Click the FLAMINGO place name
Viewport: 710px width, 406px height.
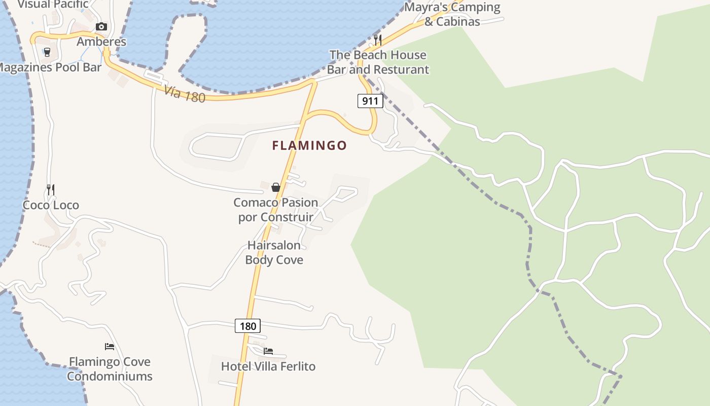click(309, 146)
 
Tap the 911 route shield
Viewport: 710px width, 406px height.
click(370, 101)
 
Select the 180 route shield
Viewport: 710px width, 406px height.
click(247, 326)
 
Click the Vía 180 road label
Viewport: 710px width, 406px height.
click(185, 94)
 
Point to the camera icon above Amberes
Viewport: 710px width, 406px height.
click(101, 27)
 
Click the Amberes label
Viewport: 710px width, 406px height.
click(101, 42)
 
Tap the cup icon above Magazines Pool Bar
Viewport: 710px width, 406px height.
click(47, 52)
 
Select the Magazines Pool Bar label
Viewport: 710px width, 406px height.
click(50, 67)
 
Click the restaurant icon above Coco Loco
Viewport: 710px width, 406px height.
click(51, 190)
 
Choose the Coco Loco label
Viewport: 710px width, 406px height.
click(51, 205)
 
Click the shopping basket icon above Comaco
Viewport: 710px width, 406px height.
click(276, 187)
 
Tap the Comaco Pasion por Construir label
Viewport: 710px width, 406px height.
click(276, 210)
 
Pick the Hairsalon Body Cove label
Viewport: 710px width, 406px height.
click(274, 253)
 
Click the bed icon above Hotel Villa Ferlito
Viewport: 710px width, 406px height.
click(268, 351)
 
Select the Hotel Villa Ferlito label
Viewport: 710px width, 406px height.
click(268, 366)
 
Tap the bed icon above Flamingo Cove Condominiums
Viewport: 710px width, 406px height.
click(110, 347)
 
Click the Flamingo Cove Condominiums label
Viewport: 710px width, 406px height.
click(110, 369)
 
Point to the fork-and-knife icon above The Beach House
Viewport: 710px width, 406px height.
click(378, 40)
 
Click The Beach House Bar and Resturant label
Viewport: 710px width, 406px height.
click(378, 62)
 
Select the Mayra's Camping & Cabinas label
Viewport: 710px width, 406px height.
click(452, 14)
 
